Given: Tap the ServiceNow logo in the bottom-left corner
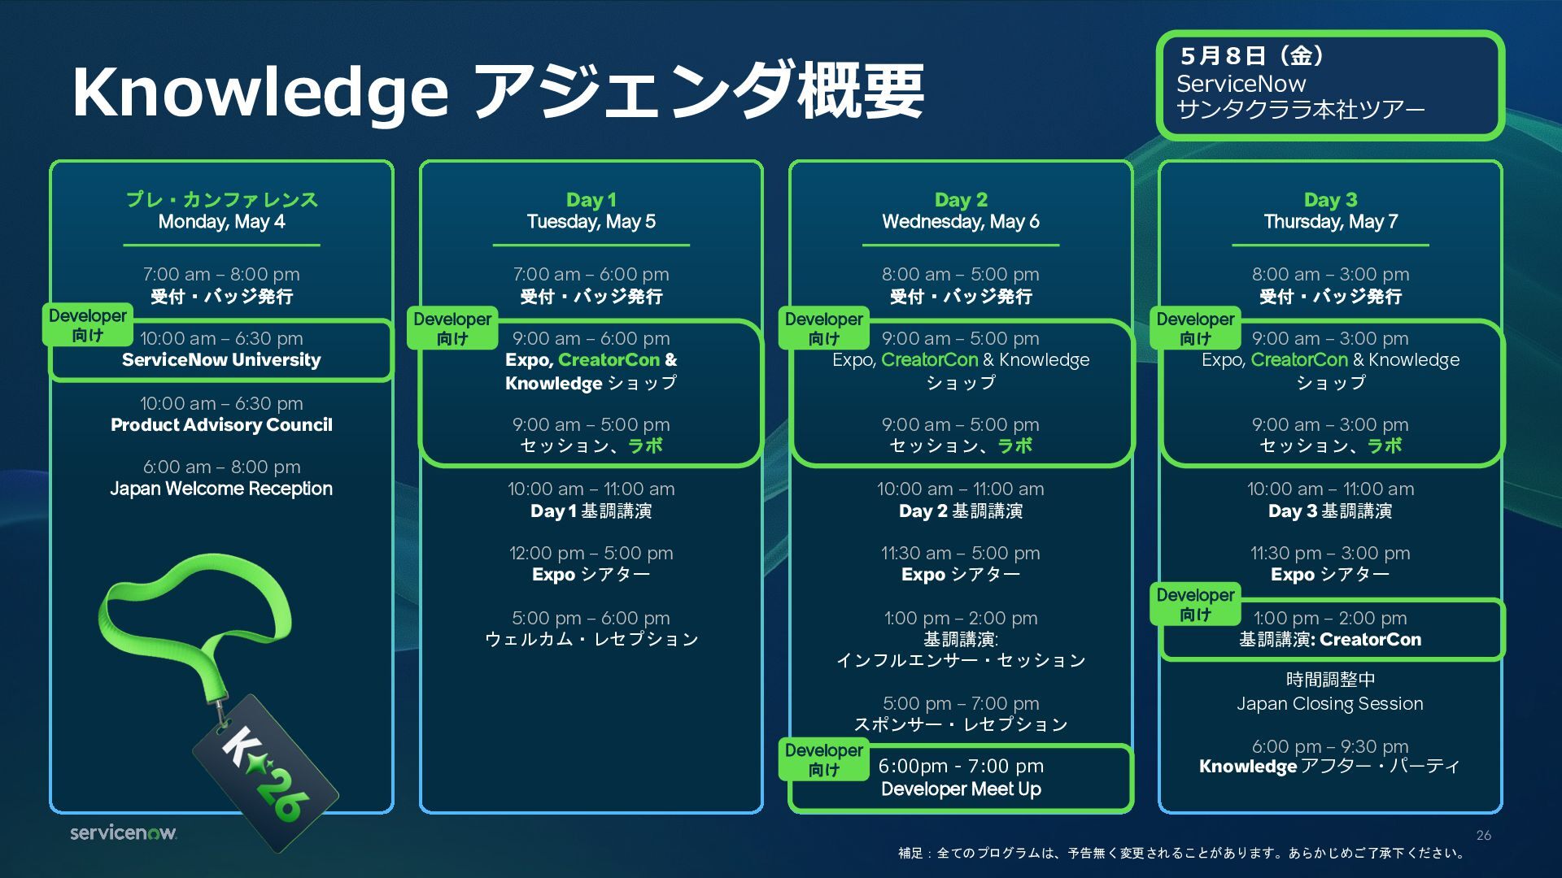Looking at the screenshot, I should click(123, 832).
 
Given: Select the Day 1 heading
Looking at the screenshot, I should click(591, 199).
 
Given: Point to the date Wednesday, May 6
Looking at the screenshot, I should click(960, 221).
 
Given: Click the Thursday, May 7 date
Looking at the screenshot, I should click(1330, 221).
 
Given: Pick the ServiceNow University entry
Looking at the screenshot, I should click(221, 359).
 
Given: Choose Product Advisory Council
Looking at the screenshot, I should click(221, 424).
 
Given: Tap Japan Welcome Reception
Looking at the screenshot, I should click(221, 489).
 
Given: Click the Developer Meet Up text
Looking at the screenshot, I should click(961, 789).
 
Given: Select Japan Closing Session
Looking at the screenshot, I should click(1330, 703).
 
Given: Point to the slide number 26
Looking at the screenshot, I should click(1483, 835).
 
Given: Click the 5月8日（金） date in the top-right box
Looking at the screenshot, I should click(1253, 55).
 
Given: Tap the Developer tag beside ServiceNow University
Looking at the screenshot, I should click(88, 324).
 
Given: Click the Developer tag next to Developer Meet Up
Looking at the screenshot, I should click(823, 759).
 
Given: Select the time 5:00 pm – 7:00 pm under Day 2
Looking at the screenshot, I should click(961, 703).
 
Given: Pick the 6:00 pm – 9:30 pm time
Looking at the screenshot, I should click(1330, 746).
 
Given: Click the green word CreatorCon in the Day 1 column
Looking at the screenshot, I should click(609, 359).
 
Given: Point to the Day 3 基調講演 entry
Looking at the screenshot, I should click(1330, 511).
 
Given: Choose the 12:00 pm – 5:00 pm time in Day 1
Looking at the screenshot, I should click(591, 553).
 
